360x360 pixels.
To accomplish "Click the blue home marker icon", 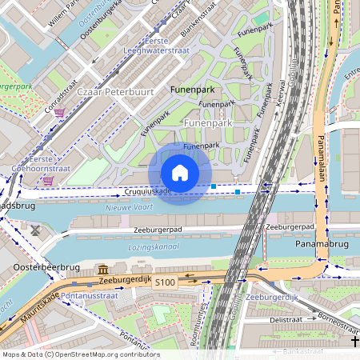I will [180, 173].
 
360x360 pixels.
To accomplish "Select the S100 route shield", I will [165, 282].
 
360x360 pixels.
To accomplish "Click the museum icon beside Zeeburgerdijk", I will [104, 270].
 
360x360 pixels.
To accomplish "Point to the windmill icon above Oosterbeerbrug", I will [36, 230].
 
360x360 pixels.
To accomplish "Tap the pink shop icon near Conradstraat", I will [59, 113].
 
